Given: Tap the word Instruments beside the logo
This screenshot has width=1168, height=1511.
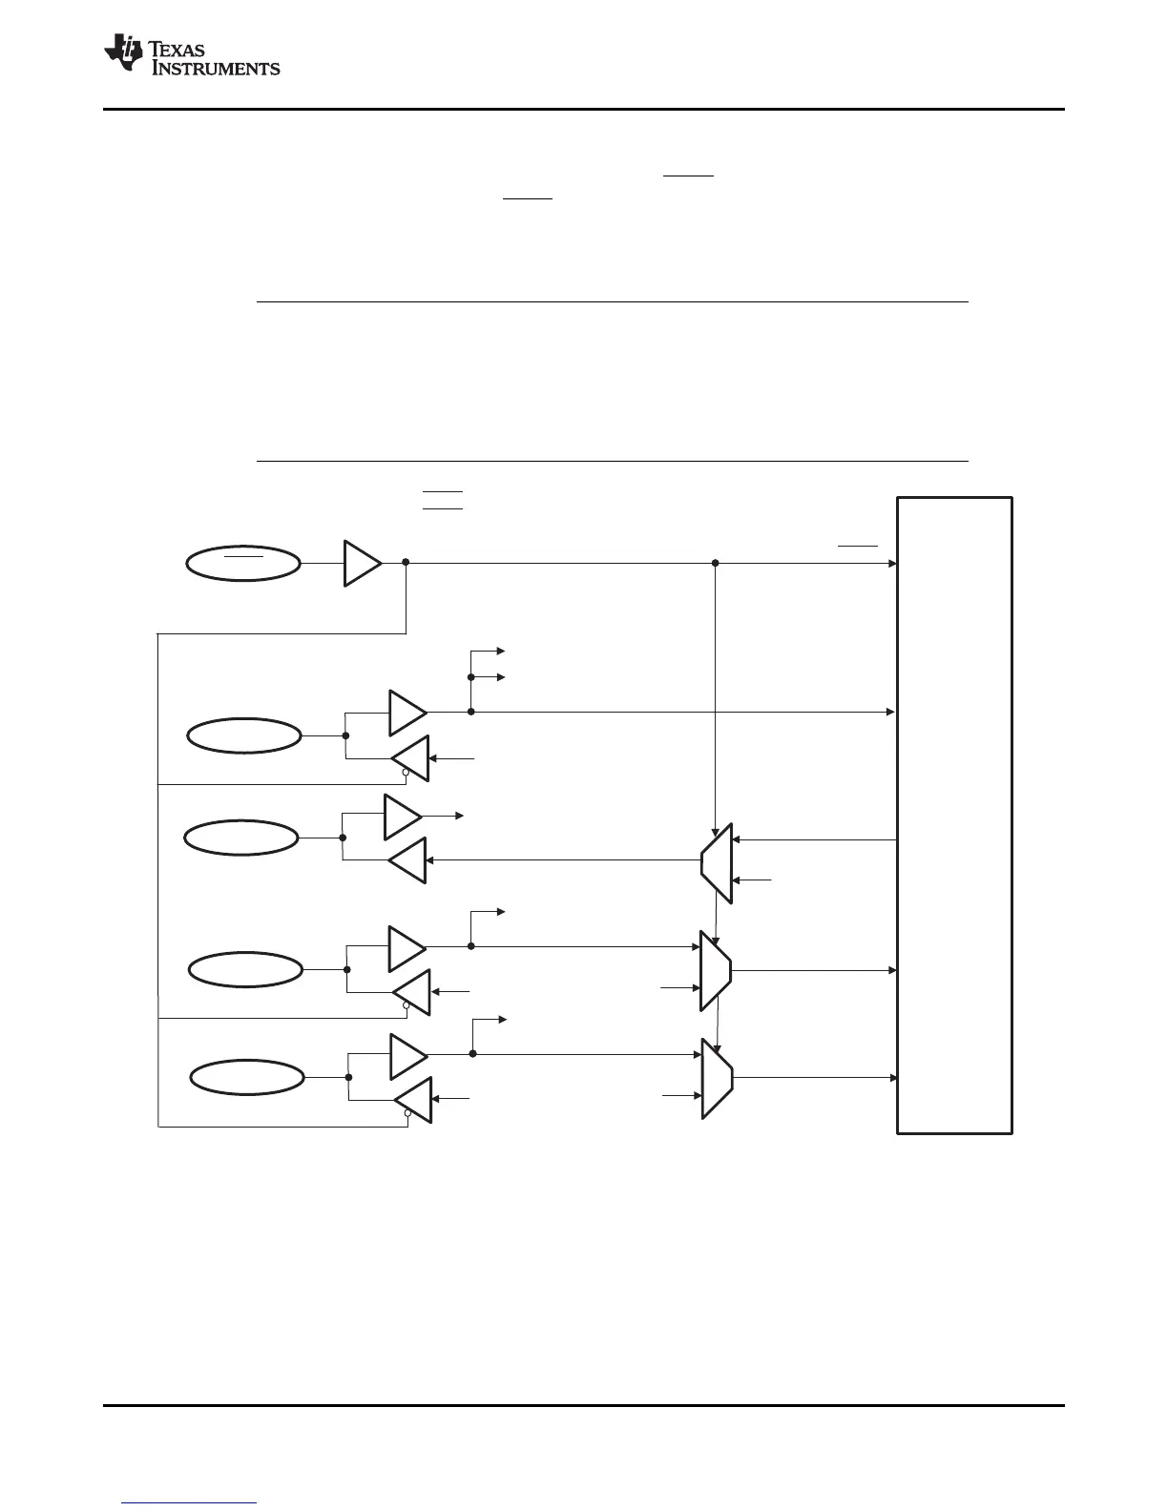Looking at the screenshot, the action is coord(216,68).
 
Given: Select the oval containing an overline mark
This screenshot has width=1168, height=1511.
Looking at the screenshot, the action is coord(242,563).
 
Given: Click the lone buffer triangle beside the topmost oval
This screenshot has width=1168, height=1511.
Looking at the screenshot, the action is coord(361,563).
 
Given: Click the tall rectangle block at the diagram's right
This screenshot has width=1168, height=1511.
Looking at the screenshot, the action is coord(954,815).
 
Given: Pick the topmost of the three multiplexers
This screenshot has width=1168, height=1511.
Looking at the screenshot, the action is coord(717,862).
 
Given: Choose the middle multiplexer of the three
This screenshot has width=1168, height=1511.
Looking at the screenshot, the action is coord(716,970).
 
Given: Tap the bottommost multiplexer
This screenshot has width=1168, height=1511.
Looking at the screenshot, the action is coord(717,1078).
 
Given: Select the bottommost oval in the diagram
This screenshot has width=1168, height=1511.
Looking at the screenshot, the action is coord(246,1078).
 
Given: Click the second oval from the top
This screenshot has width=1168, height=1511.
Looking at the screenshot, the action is coord(243,735).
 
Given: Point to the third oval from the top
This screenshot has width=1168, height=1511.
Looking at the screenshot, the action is coord(240,838).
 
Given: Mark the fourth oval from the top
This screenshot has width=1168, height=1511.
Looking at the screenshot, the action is coord(246,970).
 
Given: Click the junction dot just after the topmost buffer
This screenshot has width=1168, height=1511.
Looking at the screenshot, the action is coord(407,563).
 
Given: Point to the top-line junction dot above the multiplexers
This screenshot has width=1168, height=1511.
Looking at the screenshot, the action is coord(716,563).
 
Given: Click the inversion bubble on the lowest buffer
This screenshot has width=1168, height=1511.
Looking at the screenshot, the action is coord(407,1113).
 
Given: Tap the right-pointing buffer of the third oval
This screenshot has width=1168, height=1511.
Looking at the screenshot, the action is coord(402,816).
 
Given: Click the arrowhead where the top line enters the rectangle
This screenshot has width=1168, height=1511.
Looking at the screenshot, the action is coord(892,563).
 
